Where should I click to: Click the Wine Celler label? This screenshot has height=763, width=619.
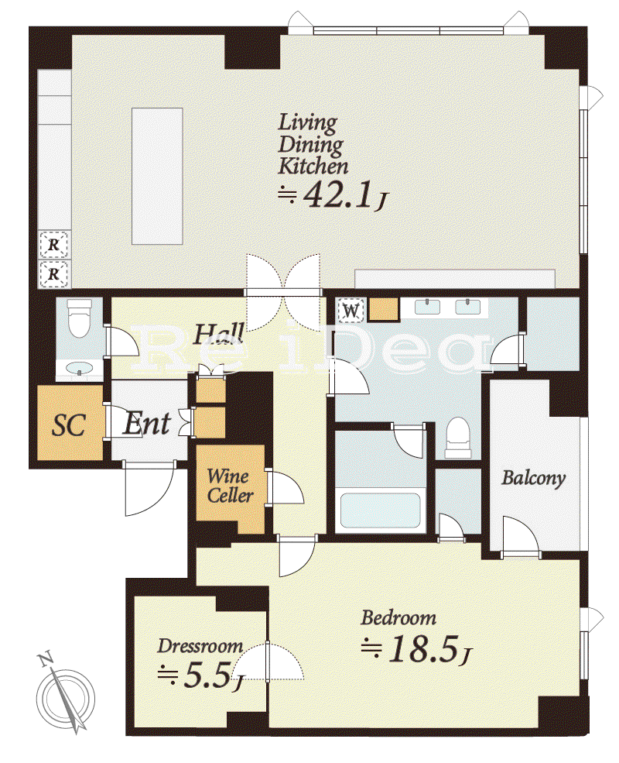[230, 486]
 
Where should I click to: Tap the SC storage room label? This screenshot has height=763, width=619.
[69, 424]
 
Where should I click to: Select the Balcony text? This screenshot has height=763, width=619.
[533, 478]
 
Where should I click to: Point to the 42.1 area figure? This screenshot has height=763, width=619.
[337, 194]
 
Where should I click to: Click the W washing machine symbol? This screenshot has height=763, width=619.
[352, 311]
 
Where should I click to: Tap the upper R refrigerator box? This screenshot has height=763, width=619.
[53, 245]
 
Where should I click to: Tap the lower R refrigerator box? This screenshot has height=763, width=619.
[53, 274]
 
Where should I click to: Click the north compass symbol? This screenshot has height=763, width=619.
[65, 697]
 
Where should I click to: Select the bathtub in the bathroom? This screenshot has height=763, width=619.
[381, 510]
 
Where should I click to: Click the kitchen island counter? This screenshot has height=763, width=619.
[157, 176]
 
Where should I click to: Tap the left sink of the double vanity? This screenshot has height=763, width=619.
[427, 307]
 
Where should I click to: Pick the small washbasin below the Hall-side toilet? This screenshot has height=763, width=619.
[80, 369]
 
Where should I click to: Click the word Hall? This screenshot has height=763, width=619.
[220, 335]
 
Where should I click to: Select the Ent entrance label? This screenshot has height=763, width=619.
[147, 424]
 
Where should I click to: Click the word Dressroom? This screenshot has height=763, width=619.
[200, 646]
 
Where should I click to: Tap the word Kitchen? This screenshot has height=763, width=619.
[313, 167]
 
